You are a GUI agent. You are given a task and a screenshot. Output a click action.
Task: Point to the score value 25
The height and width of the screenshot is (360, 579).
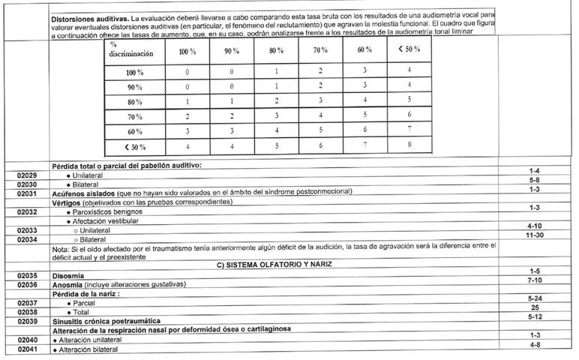click(534, 307)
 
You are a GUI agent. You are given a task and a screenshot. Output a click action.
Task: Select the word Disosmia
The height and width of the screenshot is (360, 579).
click(68, 276)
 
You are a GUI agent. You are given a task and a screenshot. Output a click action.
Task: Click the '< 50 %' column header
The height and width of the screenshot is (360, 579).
click(408, 49)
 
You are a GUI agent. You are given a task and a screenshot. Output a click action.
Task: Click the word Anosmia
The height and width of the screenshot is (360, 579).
click(67, 285)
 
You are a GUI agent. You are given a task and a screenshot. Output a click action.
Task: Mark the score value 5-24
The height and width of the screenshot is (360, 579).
click(534, 298)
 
